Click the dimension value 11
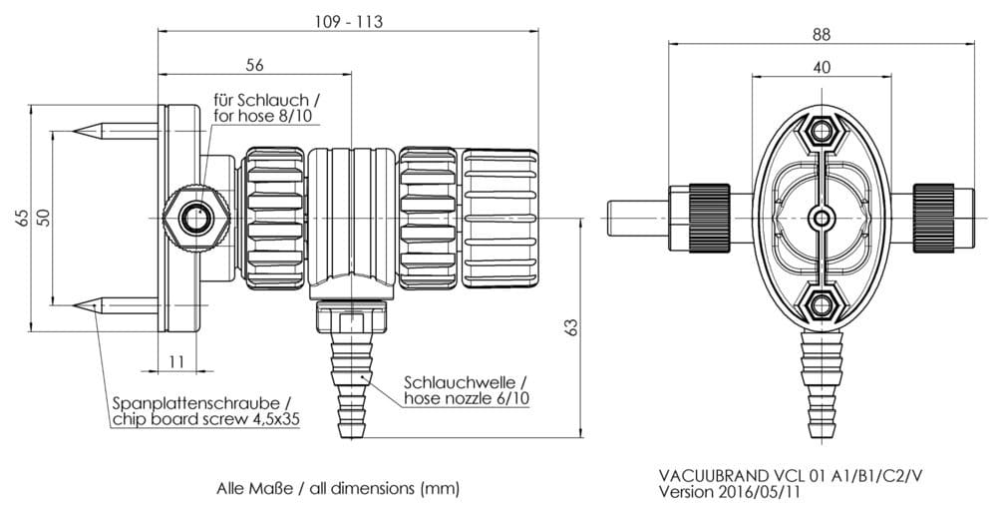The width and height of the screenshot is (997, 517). pyautogui.click(x=176, y=360)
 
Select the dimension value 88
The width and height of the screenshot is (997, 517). pyautogui.click(x=820, y=33)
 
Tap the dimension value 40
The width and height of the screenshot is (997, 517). pyautogui.click(x=821, y=68)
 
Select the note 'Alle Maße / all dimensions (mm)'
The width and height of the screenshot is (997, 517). pyautogui.click(x=338, y=490)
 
